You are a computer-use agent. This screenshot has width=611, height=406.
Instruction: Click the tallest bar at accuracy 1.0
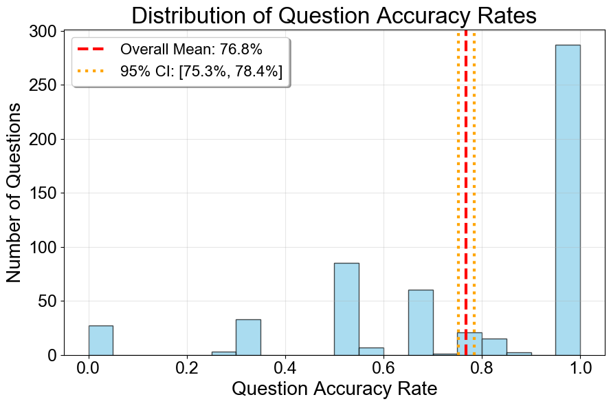pos(568,200)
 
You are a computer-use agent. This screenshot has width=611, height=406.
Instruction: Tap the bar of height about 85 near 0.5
pos(346,309)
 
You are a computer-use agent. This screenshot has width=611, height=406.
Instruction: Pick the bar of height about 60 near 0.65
pos(421,322)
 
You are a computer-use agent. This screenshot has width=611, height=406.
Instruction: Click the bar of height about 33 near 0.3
pos(248,337)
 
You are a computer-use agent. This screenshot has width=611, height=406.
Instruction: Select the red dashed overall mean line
pos(466,172)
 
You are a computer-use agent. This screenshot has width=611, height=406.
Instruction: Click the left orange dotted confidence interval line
pos(458,172)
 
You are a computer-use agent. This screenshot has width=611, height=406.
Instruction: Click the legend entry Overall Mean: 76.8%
pos(191,50)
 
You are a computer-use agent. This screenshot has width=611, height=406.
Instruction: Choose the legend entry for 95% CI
pos(201,72)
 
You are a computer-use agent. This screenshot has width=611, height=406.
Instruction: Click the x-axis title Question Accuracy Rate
pos(334,389)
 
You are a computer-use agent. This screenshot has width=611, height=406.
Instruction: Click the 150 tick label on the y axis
pos(43,193)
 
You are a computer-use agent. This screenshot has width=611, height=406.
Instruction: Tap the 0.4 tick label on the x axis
pos(285,368)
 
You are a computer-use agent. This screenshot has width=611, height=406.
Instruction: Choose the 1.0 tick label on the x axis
pos(580,368)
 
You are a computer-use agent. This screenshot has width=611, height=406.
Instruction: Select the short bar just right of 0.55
pos(371,351)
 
